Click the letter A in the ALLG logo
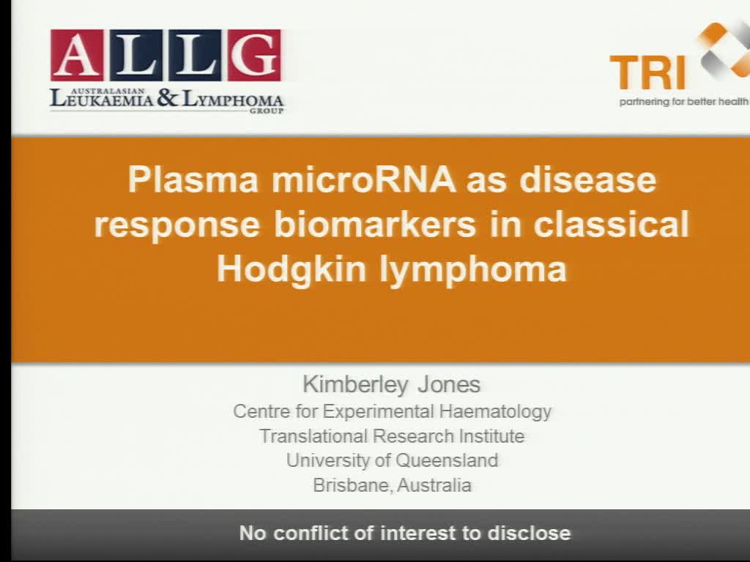(x=76, y=56)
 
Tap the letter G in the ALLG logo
(x=253, y=56)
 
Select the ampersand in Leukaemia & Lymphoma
(x=167, y=98)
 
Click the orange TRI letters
(x=647, y=73)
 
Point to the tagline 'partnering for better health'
(x=683, y=102)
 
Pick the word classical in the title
(x=612, y=225)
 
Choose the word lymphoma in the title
(x=473, y=269)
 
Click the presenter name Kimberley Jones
(x=392, y=384)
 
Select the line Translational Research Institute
(x=392, y=436)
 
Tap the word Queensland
(x=447, y=460)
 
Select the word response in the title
(x=177, y=225)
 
